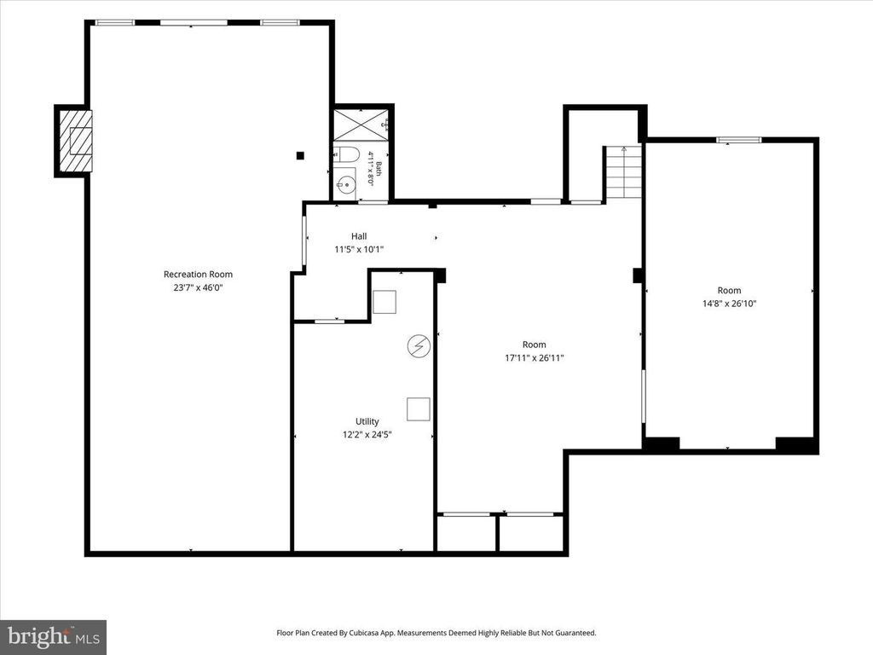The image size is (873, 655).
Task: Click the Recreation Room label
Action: (x=198, y=274)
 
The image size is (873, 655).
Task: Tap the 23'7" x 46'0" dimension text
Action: (x=198, y=288)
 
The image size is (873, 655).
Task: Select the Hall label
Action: (x=359, y=236)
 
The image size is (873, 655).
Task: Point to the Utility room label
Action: (x=367, y=421)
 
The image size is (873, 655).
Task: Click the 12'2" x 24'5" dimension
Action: (x=367, y=435)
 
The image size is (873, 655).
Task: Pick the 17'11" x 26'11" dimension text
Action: (x=534, y=358)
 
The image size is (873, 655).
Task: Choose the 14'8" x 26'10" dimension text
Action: (x=729, y=304)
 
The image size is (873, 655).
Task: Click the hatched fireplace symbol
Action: (x=74, y=142)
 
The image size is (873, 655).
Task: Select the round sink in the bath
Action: (x=346, y=183)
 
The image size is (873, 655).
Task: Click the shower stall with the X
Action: (x=361, y=125)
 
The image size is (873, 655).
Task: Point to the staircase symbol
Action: (x=623, y=172)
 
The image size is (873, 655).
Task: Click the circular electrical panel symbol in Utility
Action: (x=419, y=346)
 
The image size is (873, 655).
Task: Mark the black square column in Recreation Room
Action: (x=301, y=155)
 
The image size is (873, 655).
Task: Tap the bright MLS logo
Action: (x=54, y=636)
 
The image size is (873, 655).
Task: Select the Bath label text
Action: (x=379, y=169)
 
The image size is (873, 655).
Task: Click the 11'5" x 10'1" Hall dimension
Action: (x=359, y=250)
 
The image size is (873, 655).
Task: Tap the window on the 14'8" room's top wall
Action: (x=739, y=140)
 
